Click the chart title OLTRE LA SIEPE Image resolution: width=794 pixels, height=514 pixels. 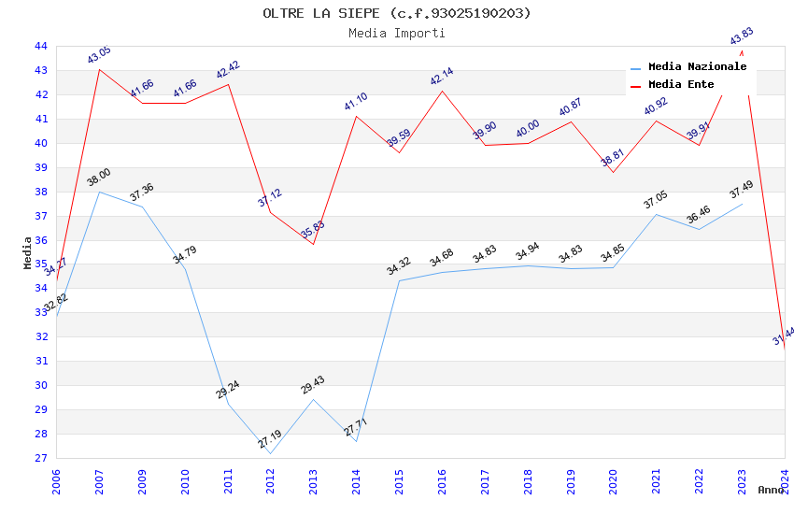[x=397, y=13]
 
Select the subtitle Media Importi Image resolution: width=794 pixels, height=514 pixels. [x=397, y=33]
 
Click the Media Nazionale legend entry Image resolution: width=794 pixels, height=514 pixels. [x=697, y=67]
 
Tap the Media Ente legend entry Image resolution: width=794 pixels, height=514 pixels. [x=681, y=85]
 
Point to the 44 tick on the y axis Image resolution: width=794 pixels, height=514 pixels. [x=40, y=46]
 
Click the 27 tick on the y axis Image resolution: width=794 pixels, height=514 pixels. [x=40, y=458]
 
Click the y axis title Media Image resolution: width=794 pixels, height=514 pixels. [x=28, y=252]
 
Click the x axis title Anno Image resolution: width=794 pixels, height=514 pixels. [x=771, y=490]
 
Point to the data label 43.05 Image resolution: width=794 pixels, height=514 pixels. [x=99, y=55]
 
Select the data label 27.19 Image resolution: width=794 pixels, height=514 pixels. [x=270, y=439]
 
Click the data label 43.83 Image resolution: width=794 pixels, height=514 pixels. [x=742, y=36]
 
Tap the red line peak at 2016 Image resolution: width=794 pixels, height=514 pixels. [x=442, y=91]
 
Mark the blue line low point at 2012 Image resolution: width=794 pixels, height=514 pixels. [x=270, y=453]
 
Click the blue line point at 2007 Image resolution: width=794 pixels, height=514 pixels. [x=99, y=192]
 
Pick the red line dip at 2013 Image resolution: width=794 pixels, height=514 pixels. [x=313, y=244]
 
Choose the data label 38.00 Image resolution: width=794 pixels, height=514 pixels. [x=99, y=178]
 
